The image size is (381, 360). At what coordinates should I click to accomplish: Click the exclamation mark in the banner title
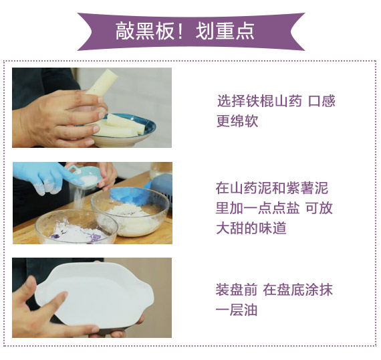180,31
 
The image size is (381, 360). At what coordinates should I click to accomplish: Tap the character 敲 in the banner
125,31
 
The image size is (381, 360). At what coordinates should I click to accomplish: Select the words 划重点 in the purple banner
225,31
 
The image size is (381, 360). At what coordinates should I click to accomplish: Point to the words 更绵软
237,120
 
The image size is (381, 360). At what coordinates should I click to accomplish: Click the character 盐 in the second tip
292,208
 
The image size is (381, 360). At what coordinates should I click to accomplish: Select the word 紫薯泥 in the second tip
307,188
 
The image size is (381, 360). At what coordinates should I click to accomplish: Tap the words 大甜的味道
251,228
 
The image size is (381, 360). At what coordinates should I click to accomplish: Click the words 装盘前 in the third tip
237,290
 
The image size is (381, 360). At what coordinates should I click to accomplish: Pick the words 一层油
237,310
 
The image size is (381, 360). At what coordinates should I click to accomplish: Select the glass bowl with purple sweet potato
76,228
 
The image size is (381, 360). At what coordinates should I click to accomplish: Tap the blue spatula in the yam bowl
130,196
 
